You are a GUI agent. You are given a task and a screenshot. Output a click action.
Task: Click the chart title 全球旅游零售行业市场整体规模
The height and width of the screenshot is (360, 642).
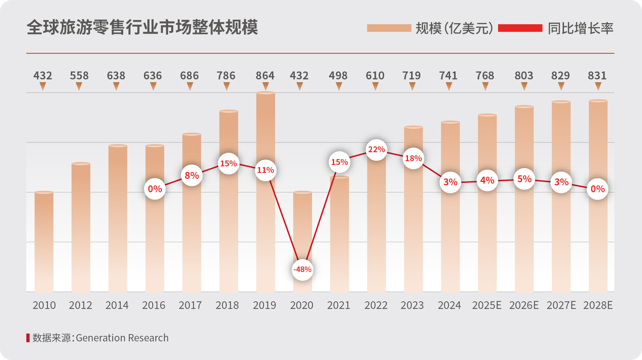click(x=142, y=27)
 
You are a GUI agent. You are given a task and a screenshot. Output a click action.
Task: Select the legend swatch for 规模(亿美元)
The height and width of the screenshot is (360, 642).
click(x=389, y=28)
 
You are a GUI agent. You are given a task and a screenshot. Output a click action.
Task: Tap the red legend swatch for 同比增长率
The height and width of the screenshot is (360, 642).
click(x=520, y=28)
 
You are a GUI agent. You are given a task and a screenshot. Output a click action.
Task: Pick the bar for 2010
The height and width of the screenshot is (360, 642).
click(x=44, y=242)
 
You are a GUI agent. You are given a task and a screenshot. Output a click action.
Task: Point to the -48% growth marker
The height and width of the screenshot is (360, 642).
click(x=302, y=270)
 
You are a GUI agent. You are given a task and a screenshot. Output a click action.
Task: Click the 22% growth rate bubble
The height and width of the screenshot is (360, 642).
click(x=376, y=150)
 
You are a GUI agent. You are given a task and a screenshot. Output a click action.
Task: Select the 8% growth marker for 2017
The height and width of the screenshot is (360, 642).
click(x=192, y=176)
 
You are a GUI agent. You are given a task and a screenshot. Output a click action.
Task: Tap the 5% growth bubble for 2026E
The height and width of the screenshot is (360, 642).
click(x=524, y=179)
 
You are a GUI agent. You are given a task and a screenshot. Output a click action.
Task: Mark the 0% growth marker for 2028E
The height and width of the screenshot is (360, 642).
click(x=597, y=189)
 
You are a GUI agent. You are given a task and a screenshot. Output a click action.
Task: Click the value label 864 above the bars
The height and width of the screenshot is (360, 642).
click(x=265, y=76)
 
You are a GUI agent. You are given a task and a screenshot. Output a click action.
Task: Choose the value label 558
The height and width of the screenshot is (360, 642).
click(x=79, y=76)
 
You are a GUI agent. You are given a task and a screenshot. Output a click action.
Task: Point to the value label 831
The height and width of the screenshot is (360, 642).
click(x=597, y=76)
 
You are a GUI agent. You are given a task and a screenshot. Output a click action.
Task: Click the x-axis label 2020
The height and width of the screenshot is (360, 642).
click(x=302, y=305)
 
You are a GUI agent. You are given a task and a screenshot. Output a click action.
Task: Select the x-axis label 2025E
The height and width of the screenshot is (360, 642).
click(x=487, y=305)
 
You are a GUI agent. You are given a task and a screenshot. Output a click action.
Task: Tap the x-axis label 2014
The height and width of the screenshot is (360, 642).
click(x=117, y=305)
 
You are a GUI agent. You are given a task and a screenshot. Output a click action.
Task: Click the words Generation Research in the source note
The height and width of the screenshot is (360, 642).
click(x=122, y=338)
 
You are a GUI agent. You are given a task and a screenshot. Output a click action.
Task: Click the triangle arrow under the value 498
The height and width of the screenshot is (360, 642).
click(x=339, y=87)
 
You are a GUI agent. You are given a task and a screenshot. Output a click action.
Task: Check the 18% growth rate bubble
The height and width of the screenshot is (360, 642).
click(x=413, y=158)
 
